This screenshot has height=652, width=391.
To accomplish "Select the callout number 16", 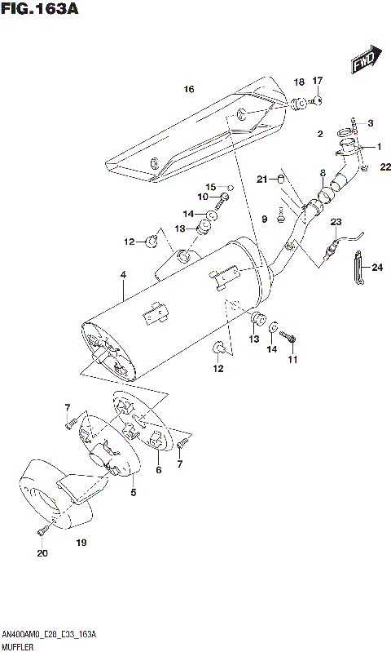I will click(189, 89).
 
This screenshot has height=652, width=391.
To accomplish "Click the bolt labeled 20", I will click(42, 533).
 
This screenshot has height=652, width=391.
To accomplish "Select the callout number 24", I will click(377, 267).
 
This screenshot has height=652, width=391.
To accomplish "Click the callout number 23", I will click(335, 222).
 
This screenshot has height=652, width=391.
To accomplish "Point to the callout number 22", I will click(386, 167).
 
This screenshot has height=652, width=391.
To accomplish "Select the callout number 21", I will click(261, 179).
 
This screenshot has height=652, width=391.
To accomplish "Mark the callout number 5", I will click(134, 492).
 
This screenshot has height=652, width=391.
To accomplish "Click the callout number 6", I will click(159, 470).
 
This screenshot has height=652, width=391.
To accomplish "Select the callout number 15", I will click(209, 186).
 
